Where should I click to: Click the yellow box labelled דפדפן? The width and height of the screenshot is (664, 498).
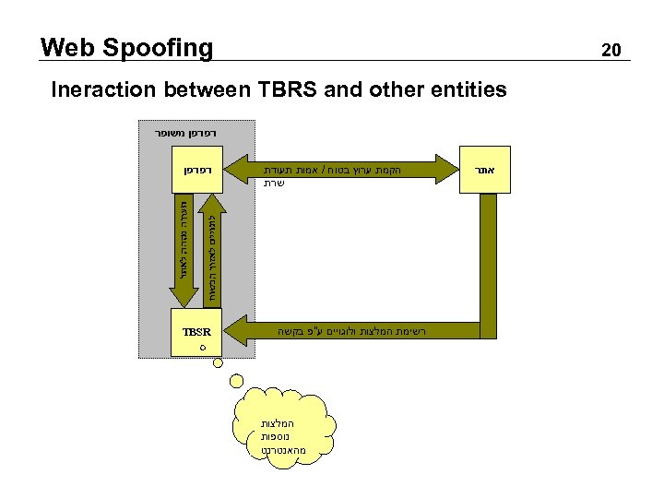click(x=195, y=171)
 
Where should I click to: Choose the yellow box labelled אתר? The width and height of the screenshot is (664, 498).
click(x=485, y=171)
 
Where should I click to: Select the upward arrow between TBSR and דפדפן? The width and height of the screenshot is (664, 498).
click(x=210, y=250)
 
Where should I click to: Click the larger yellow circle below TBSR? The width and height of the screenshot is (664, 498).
click(x=237, y=378)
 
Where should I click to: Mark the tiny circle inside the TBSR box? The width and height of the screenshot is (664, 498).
click(x=202, y=348)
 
